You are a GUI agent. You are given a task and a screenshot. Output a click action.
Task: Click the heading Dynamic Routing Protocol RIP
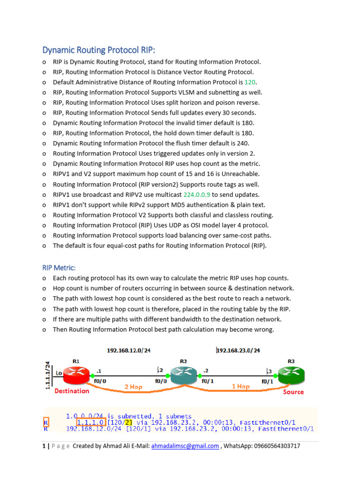(x=98, y=50)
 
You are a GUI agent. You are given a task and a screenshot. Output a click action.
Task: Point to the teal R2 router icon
(x=183, y=374)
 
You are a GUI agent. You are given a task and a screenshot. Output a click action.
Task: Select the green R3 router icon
(x=291, y=374)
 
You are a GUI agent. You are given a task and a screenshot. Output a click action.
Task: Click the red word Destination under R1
(x=72, y=391)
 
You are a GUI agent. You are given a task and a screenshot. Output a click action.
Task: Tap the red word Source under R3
(x=293, y=392)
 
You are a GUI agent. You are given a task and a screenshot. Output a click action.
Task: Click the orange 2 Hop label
(x=133, y=387)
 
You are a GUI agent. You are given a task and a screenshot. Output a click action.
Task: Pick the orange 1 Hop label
(x=240, y=387)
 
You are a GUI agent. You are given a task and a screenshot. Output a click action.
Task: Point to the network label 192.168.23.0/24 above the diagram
(x=238, y=350)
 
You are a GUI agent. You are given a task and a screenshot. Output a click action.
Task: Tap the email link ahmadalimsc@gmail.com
(x=185, y=446)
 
